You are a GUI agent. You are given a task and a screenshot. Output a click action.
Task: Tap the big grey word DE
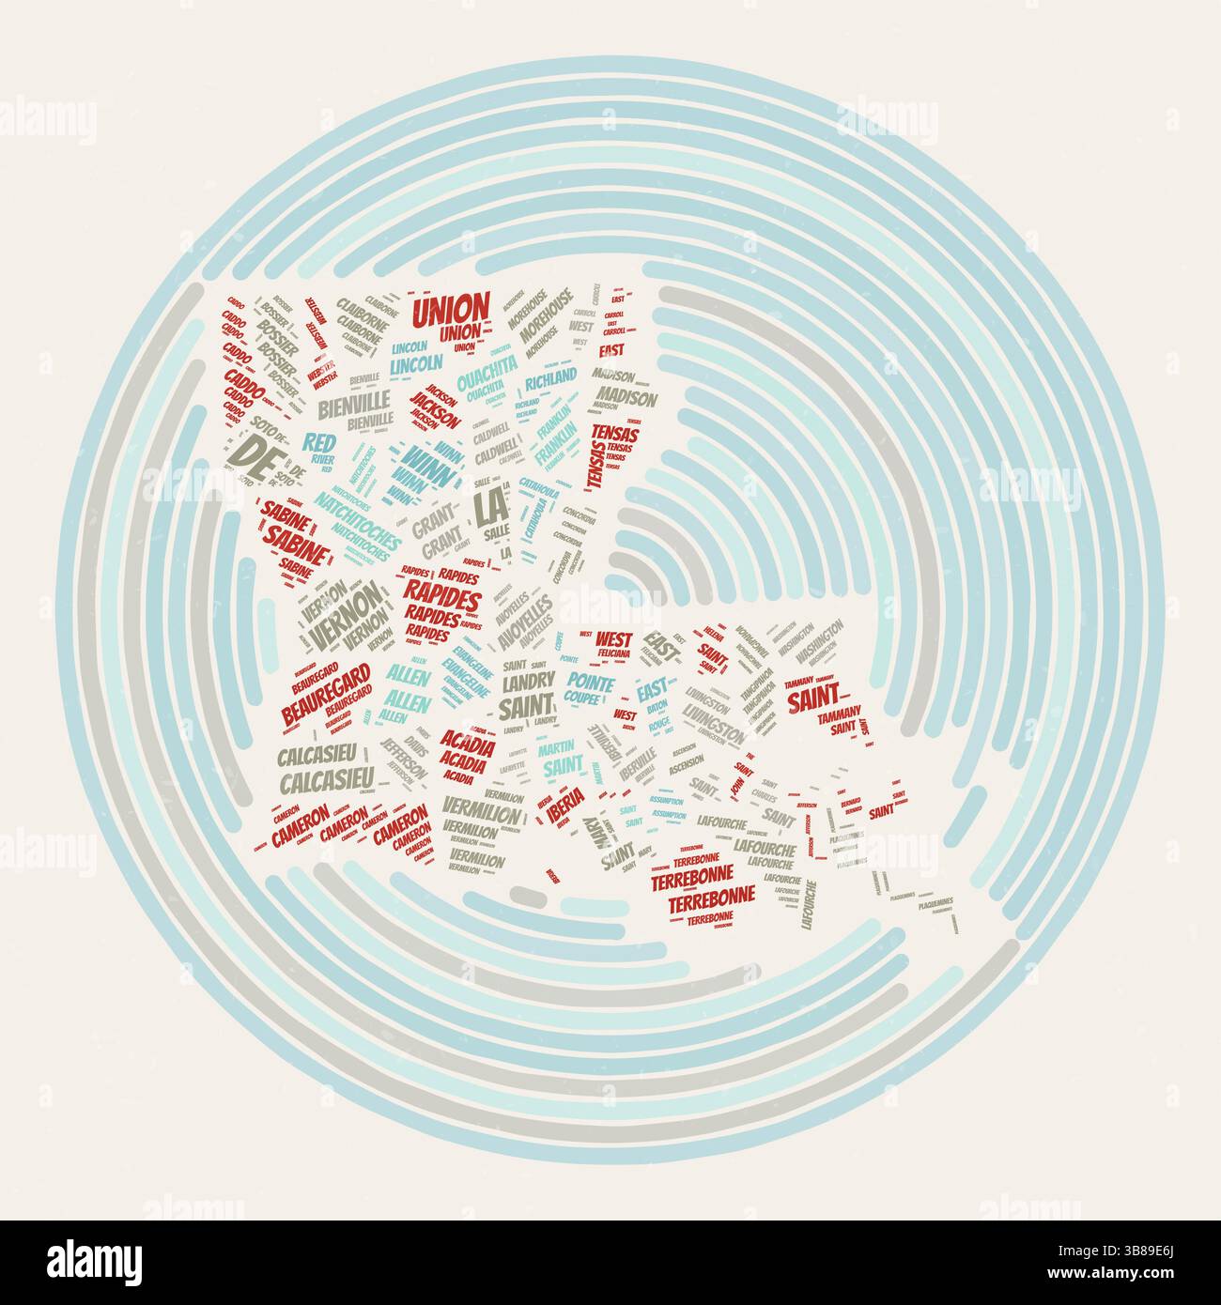coord(247,452)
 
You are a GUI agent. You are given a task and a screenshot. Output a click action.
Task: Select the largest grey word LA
coord(489,508)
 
